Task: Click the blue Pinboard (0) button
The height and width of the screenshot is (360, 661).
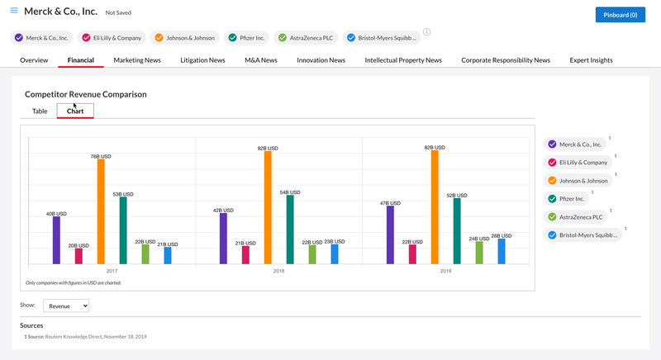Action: click(x=620, y=15)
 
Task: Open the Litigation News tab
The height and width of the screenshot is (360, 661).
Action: click(x=202, y=60)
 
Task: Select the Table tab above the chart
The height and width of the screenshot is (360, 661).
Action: click(x=40, y=111)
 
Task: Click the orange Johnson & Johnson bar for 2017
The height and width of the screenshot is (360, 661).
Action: click(x=101, y=211)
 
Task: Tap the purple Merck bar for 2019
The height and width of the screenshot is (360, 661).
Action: click(x=390, y=234)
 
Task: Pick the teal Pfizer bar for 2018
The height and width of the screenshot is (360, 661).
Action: click(x=290, y=230)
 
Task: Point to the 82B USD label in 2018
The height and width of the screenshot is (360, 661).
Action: click(x=268, y=149)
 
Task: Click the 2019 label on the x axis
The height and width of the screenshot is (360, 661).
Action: click(x=445, y=271)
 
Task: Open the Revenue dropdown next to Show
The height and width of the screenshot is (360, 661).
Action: click(x=66, y=306)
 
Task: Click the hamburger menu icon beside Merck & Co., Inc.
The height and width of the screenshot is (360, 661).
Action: click(x=13, y=11)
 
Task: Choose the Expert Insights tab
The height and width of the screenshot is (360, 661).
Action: click(x=591, y=60)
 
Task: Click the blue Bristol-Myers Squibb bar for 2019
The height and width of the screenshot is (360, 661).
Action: click(x=502, y=251)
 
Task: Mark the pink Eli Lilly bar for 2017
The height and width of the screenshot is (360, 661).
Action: click(x=78, y=256)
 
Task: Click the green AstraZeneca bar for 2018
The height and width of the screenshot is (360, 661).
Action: click(x=312, y=254)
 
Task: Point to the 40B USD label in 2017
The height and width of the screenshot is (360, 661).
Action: click(x=56, y=214)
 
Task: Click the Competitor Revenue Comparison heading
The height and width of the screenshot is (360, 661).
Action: click(x=86, y=94)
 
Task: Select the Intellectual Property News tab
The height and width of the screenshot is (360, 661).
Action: click(x=403, y=60)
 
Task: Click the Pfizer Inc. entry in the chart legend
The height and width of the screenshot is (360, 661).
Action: click(x=572, y=199)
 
